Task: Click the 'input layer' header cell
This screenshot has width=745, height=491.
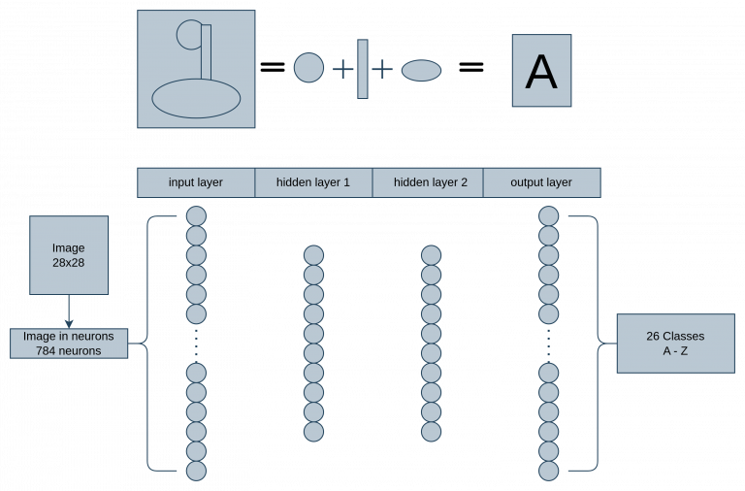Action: click(x=196, y=182)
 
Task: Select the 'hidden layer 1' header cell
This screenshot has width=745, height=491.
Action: click(x=313, y=182)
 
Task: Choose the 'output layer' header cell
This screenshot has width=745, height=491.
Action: click(x=541, y=182)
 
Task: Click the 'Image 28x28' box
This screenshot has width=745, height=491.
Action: click(x=69, y=255)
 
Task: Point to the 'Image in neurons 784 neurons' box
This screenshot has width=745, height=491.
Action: click(x=69, y=344)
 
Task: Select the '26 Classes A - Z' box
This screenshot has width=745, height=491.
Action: click(x=675, y=344)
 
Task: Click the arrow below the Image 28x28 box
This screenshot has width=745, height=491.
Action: click(x=69, y=311)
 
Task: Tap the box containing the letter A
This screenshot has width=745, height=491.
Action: click(x=541, y=71)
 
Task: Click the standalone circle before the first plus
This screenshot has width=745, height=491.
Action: click(x=308, y=68)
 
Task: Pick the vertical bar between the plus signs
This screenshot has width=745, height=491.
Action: click(x=363, y=69)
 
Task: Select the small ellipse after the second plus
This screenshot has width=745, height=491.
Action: click(x=421, y=70)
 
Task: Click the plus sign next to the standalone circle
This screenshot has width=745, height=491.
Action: click(x=343, y=69)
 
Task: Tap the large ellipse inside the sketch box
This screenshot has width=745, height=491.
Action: click(x=196, y=98)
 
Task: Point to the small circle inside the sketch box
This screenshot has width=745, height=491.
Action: click(x=188, y=36)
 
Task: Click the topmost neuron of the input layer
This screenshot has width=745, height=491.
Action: click(x=196, y=216)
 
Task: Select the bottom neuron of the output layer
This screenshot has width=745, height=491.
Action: click(x=549, y=471)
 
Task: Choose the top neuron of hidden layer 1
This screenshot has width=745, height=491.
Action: click(x=313, y=255)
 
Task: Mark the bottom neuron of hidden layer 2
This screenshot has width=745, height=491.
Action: click(x=431, y=432)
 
